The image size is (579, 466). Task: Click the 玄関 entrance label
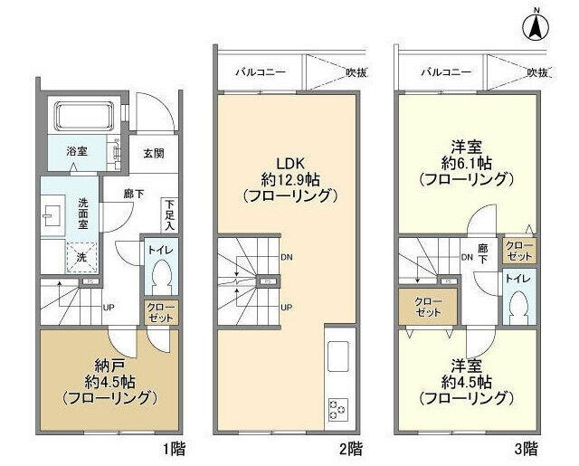click(x=154, y=153)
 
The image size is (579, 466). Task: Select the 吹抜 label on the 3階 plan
click(x=538, y=70)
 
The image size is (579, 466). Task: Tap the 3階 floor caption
click(x=528, y=448)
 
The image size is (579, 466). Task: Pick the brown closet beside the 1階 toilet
click(x=162, y=312)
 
